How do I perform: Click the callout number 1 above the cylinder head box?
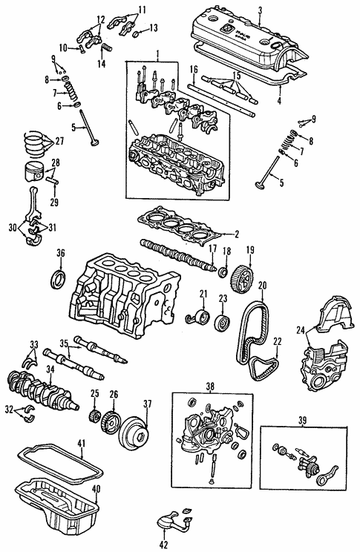point(157,54)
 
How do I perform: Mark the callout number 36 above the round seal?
point(61,253)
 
